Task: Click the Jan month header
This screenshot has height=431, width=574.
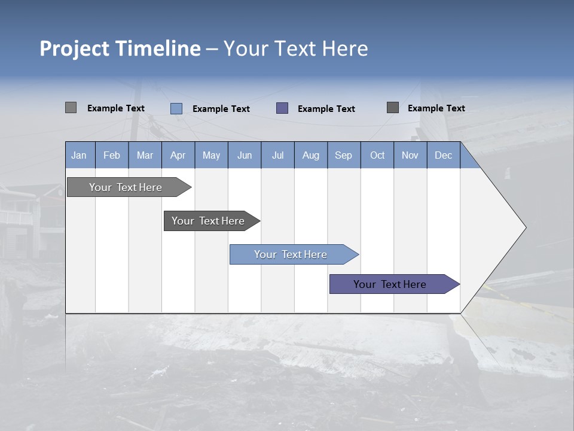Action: coord(80,155)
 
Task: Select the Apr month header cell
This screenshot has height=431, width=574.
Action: coord(178,155)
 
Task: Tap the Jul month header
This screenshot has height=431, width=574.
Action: coord(278,155)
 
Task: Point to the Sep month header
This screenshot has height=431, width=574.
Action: coord(344,155)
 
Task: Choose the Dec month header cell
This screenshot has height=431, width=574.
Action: coord(443,155)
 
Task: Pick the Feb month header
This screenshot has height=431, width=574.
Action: coord(112,155)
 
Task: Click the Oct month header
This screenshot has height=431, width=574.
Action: coord(377,155)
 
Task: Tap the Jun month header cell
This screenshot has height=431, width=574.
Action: coord(245,155)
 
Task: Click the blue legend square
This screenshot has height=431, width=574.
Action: coord(176,108)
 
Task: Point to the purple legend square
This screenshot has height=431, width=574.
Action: coord(282,108)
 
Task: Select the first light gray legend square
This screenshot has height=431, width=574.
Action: coord(71,108)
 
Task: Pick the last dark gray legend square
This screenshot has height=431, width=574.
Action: coord(393,108)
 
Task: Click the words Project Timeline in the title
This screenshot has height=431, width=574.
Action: coord(120,48)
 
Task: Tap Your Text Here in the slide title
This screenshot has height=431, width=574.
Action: coord(295,48)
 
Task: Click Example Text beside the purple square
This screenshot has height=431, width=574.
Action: coord(326,109)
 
